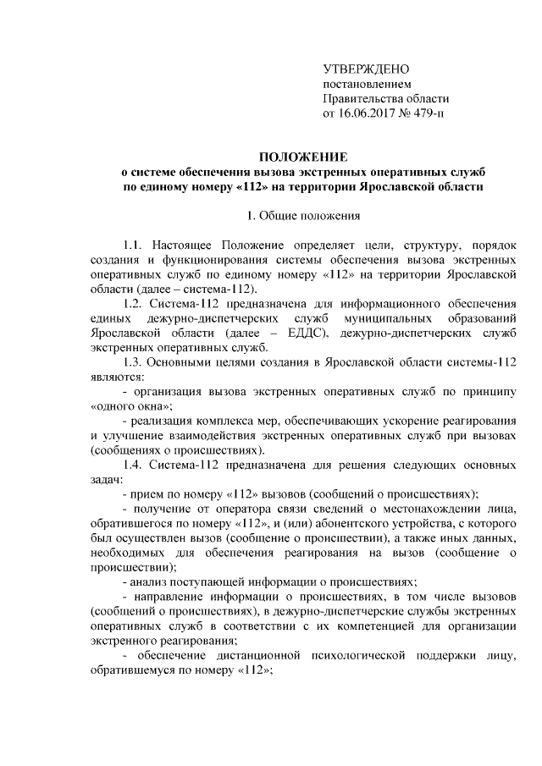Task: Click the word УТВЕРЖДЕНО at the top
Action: tap(367, 69)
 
